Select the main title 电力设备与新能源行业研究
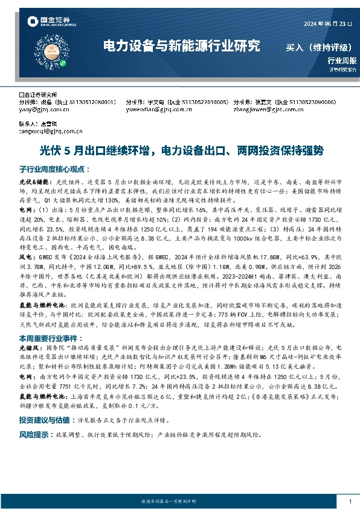tap(181, 45)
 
